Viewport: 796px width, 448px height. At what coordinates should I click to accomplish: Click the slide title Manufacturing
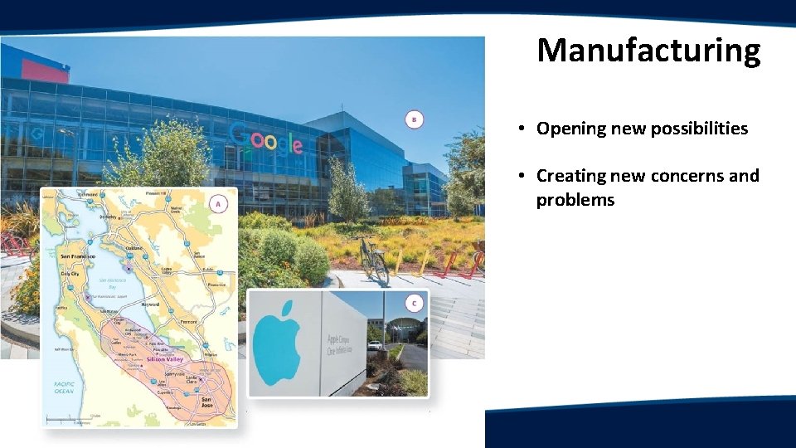point(648,51)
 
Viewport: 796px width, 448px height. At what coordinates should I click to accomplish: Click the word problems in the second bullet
point(575,200)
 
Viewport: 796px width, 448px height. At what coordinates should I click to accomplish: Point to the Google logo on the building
point(265,139)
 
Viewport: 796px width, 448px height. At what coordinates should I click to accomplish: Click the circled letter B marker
point(415,119)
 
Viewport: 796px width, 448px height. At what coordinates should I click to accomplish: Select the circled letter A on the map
point(218,203)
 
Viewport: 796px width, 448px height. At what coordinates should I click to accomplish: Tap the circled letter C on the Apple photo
point(414,303)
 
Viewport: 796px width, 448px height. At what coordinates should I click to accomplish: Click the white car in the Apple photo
point(375,345)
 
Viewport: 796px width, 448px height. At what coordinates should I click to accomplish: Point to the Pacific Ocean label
point(64,387)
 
